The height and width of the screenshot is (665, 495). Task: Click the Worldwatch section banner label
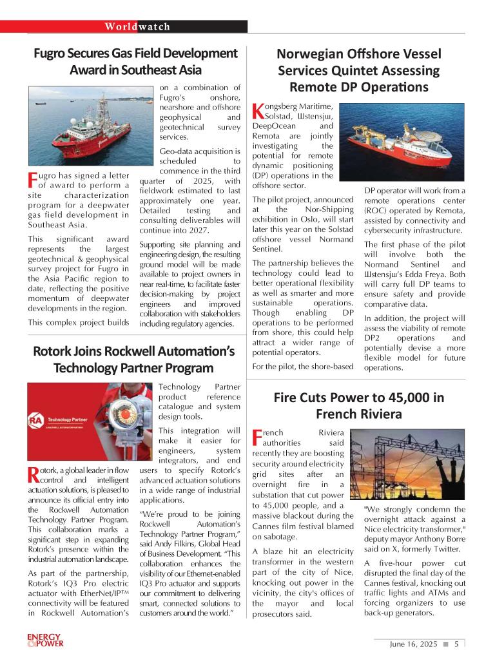pyautogui.click(x=138, y=26)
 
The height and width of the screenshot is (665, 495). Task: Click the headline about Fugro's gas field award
pyautogui.click(x=135, y=61)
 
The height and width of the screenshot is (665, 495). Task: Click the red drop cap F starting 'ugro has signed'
pyautogui.click(x=32, y=180)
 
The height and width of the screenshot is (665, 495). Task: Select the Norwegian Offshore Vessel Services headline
pyautogui.click(x=359, y=70)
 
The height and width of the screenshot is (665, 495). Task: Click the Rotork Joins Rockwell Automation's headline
pyautogui.click(x=133, y=360)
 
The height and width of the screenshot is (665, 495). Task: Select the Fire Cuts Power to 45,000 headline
pyautogui.click(x=358, y=405)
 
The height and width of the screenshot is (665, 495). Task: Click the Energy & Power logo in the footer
pyautogui.click(x=45, y=641)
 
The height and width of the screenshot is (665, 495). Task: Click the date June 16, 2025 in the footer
pyautogui.click(x=413, y=644)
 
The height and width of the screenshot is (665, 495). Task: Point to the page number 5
pyautogui.click(x=456, y=644)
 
